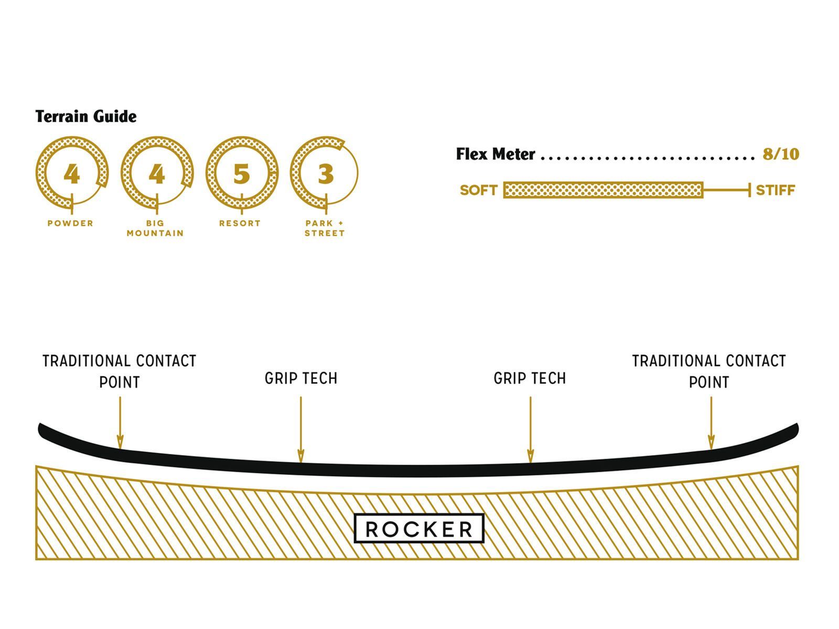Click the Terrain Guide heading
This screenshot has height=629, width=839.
(86, 116)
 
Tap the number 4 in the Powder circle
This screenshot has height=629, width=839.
(71, 174)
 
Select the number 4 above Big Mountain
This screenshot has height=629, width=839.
(156, 174)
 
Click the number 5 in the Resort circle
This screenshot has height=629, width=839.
(241, 174)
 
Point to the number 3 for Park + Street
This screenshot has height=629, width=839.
(326, 174)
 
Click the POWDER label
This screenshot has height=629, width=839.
(70, 223)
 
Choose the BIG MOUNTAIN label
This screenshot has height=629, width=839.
(155, 228)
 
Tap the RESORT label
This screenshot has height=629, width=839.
(240, 223)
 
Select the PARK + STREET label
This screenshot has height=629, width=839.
(325, 228)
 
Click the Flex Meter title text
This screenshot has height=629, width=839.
(496, 154)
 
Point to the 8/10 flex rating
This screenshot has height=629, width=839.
(781, 154)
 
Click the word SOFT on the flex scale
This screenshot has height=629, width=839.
(478, 190)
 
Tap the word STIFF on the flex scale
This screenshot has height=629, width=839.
(776, 190)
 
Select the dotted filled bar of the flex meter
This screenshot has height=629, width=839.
(603, 190)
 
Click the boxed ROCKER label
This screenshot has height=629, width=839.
(419, 529)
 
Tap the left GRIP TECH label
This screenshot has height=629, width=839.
(301, 378)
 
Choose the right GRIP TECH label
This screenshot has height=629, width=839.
(530, 378)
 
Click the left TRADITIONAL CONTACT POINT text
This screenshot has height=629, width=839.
(120, 371)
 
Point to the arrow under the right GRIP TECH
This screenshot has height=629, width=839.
(530, 430)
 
